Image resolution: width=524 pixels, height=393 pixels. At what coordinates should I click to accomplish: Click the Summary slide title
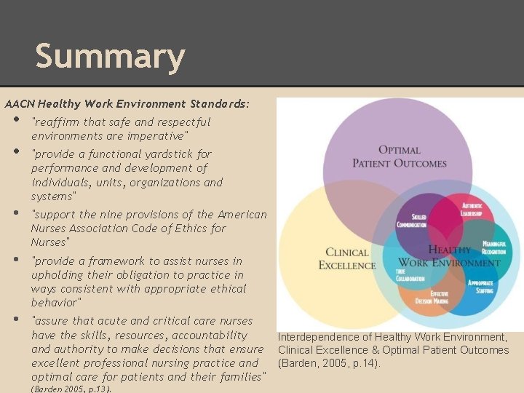(x=110, y=57)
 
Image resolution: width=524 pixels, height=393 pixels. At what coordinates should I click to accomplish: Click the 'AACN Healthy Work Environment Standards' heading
(x=127, y=104)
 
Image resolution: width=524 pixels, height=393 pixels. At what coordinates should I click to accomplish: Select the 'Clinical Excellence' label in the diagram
(x=346, y=258)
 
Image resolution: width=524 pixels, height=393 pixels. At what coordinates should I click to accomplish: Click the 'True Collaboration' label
(x=411, y=274)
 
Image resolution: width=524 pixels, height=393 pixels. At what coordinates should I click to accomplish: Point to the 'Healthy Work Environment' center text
(x=449, y=256)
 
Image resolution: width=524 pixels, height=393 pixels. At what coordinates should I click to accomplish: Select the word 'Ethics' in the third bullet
(x=206, y=229)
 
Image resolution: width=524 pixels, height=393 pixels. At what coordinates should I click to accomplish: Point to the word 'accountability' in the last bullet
(x=210, y=336)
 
